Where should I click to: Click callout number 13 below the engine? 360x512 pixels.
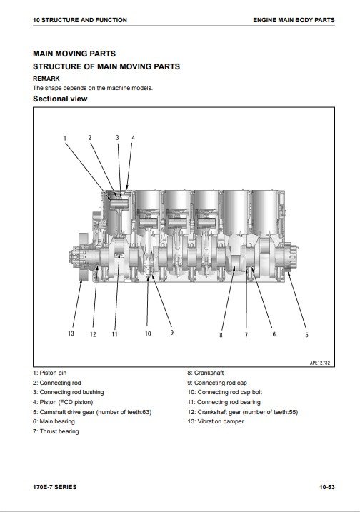click(x=71, y=333)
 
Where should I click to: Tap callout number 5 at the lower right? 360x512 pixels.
click(x=306, y=335)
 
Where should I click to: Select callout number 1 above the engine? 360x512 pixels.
click(x=65, y=138)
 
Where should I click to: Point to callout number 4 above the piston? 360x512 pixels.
click(x=133, y=138)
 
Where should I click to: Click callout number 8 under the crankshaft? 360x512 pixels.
click(x=221, y=335)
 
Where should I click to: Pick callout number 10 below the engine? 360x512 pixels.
click(x=148, y=333)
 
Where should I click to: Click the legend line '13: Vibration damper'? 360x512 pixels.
click(x=216, y=421)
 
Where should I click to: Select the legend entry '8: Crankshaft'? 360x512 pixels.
click(x=206, y=373)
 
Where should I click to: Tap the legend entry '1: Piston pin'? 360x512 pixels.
click(x=50, y=373)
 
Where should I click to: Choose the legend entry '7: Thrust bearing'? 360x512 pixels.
click(x=56, y=432)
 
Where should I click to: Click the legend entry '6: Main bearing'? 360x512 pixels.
click(x=54, y=421)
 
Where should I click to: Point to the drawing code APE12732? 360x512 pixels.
click(x=320, y=363)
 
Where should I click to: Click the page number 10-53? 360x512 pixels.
click(x=327, y=487)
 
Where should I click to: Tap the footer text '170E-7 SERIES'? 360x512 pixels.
click(x=54, y=487)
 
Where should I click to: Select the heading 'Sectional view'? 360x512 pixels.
click(x=60, y=99)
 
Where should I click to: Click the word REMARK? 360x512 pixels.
click(x=46, y=79)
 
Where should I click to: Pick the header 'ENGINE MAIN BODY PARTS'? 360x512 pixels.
click(x=294, y=20)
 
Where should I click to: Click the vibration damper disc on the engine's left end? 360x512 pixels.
click(x=84, y=256)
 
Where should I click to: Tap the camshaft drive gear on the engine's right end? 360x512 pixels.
click(x=291, y=258)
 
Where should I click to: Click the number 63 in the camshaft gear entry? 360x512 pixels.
click(x=146, y=412)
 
